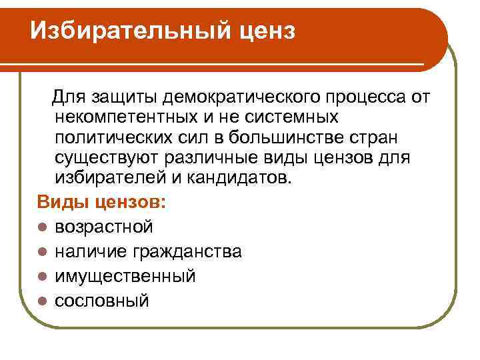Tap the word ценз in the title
pos(263,30)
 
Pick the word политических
pos(118,139)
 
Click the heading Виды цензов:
pos(103,202)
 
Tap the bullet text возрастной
pos(103,227)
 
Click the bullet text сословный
pos(101,301)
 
